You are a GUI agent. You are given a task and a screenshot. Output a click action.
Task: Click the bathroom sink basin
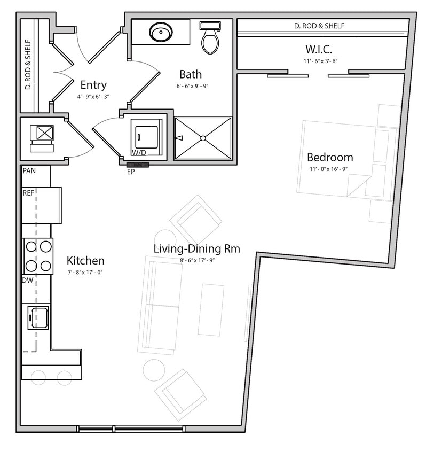click(160, 33)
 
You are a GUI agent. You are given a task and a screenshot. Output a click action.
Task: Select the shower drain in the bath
click(203, 138)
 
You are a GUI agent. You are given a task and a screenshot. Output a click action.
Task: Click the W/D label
click(139, 153)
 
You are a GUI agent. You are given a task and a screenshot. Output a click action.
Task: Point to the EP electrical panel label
click(130, 173)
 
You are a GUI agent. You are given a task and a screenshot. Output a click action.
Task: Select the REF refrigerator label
click(28, 192)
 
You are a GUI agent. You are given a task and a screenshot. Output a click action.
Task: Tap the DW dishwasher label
click(28, 280)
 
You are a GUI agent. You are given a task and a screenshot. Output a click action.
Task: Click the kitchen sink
click(38, 317)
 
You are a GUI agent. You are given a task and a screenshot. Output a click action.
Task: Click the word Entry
click(93, 85)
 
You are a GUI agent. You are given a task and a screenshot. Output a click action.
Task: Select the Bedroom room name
click(329, 158)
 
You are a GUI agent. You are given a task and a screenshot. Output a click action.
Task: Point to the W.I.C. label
click(319, 49)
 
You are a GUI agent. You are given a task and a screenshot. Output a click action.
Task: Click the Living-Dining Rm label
click(196, 248)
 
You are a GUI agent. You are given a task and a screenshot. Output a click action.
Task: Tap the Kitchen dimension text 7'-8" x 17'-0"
click(85, 272)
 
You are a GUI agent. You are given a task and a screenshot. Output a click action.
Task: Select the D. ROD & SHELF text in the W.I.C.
click(319, 26)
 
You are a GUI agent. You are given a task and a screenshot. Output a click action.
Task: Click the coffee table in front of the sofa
click(211, 310)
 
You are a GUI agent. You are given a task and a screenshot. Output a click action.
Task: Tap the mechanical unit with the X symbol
click(44, 132)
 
